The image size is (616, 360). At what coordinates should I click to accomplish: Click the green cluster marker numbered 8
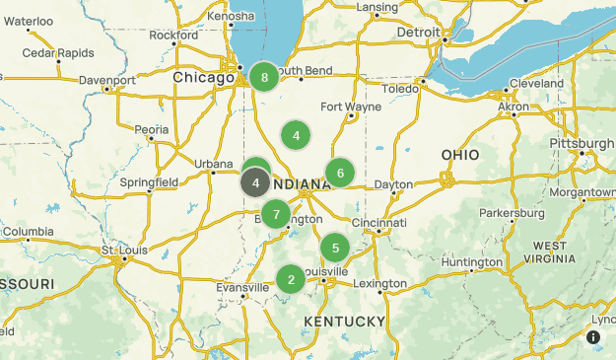click(264, 77)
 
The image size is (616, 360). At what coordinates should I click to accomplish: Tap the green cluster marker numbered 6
click(340, 174)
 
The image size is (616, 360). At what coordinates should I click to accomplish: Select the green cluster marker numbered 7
click(276, 213)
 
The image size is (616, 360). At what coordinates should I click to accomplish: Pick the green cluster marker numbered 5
click(335, 248)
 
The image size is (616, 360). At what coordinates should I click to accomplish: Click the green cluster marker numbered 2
click(291, 279)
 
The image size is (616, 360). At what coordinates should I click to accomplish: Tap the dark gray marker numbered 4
click(255, 182)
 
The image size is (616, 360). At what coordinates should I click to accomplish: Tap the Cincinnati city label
click(379, 224)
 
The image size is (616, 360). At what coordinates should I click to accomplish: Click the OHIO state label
click(460, 155)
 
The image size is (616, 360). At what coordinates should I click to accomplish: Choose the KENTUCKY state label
click(344, 322)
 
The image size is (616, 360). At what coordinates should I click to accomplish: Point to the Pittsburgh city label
click(582, 142)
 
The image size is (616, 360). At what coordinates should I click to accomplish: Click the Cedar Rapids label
click(58, 52)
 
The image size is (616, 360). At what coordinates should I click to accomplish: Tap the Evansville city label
click(242, 287)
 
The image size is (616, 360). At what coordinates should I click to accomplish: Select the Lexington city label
click(379, 284)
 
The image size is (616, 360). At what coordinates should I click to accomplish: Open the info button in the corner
click(593, 337)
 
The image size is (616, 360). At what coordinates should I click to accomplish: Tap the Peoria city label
click(152, 129)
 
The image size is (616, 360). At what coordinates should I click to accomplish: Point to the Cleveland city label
click(537, 84)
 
